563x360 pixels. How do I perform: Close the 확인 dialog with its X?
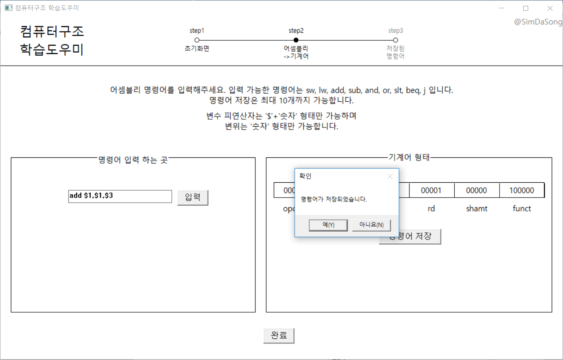pos(390,176)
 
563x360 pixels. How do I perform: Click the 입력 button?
pos(193,198)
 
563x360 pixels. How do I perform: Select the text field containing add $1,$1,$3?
pos(120,196)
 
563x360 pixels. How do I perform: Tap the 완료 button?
pos(279,336)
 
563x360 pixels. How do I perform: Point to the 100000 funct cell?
pos(522,191)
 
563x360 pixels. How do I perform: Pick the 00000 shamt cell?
pos(477,191)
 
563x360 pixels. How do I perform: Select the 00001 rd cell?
pos(431,191)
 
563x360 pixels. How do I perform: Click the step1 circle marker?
pos(197,40)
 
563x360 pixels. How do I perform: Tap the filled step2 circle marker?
pos(296,40)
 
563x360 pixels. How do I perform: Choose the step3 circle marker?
pos(395,40)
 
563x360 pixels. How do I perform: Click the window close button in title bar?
pos(550,8)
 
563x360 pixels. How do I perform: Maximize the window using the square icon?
pos(526,8)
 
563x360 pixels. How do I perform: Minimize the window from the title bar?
pos(502,8)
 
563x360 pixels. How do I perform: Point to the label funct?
pos(522,208)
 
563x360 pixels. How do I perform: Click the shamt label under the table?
pos(477,208)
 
